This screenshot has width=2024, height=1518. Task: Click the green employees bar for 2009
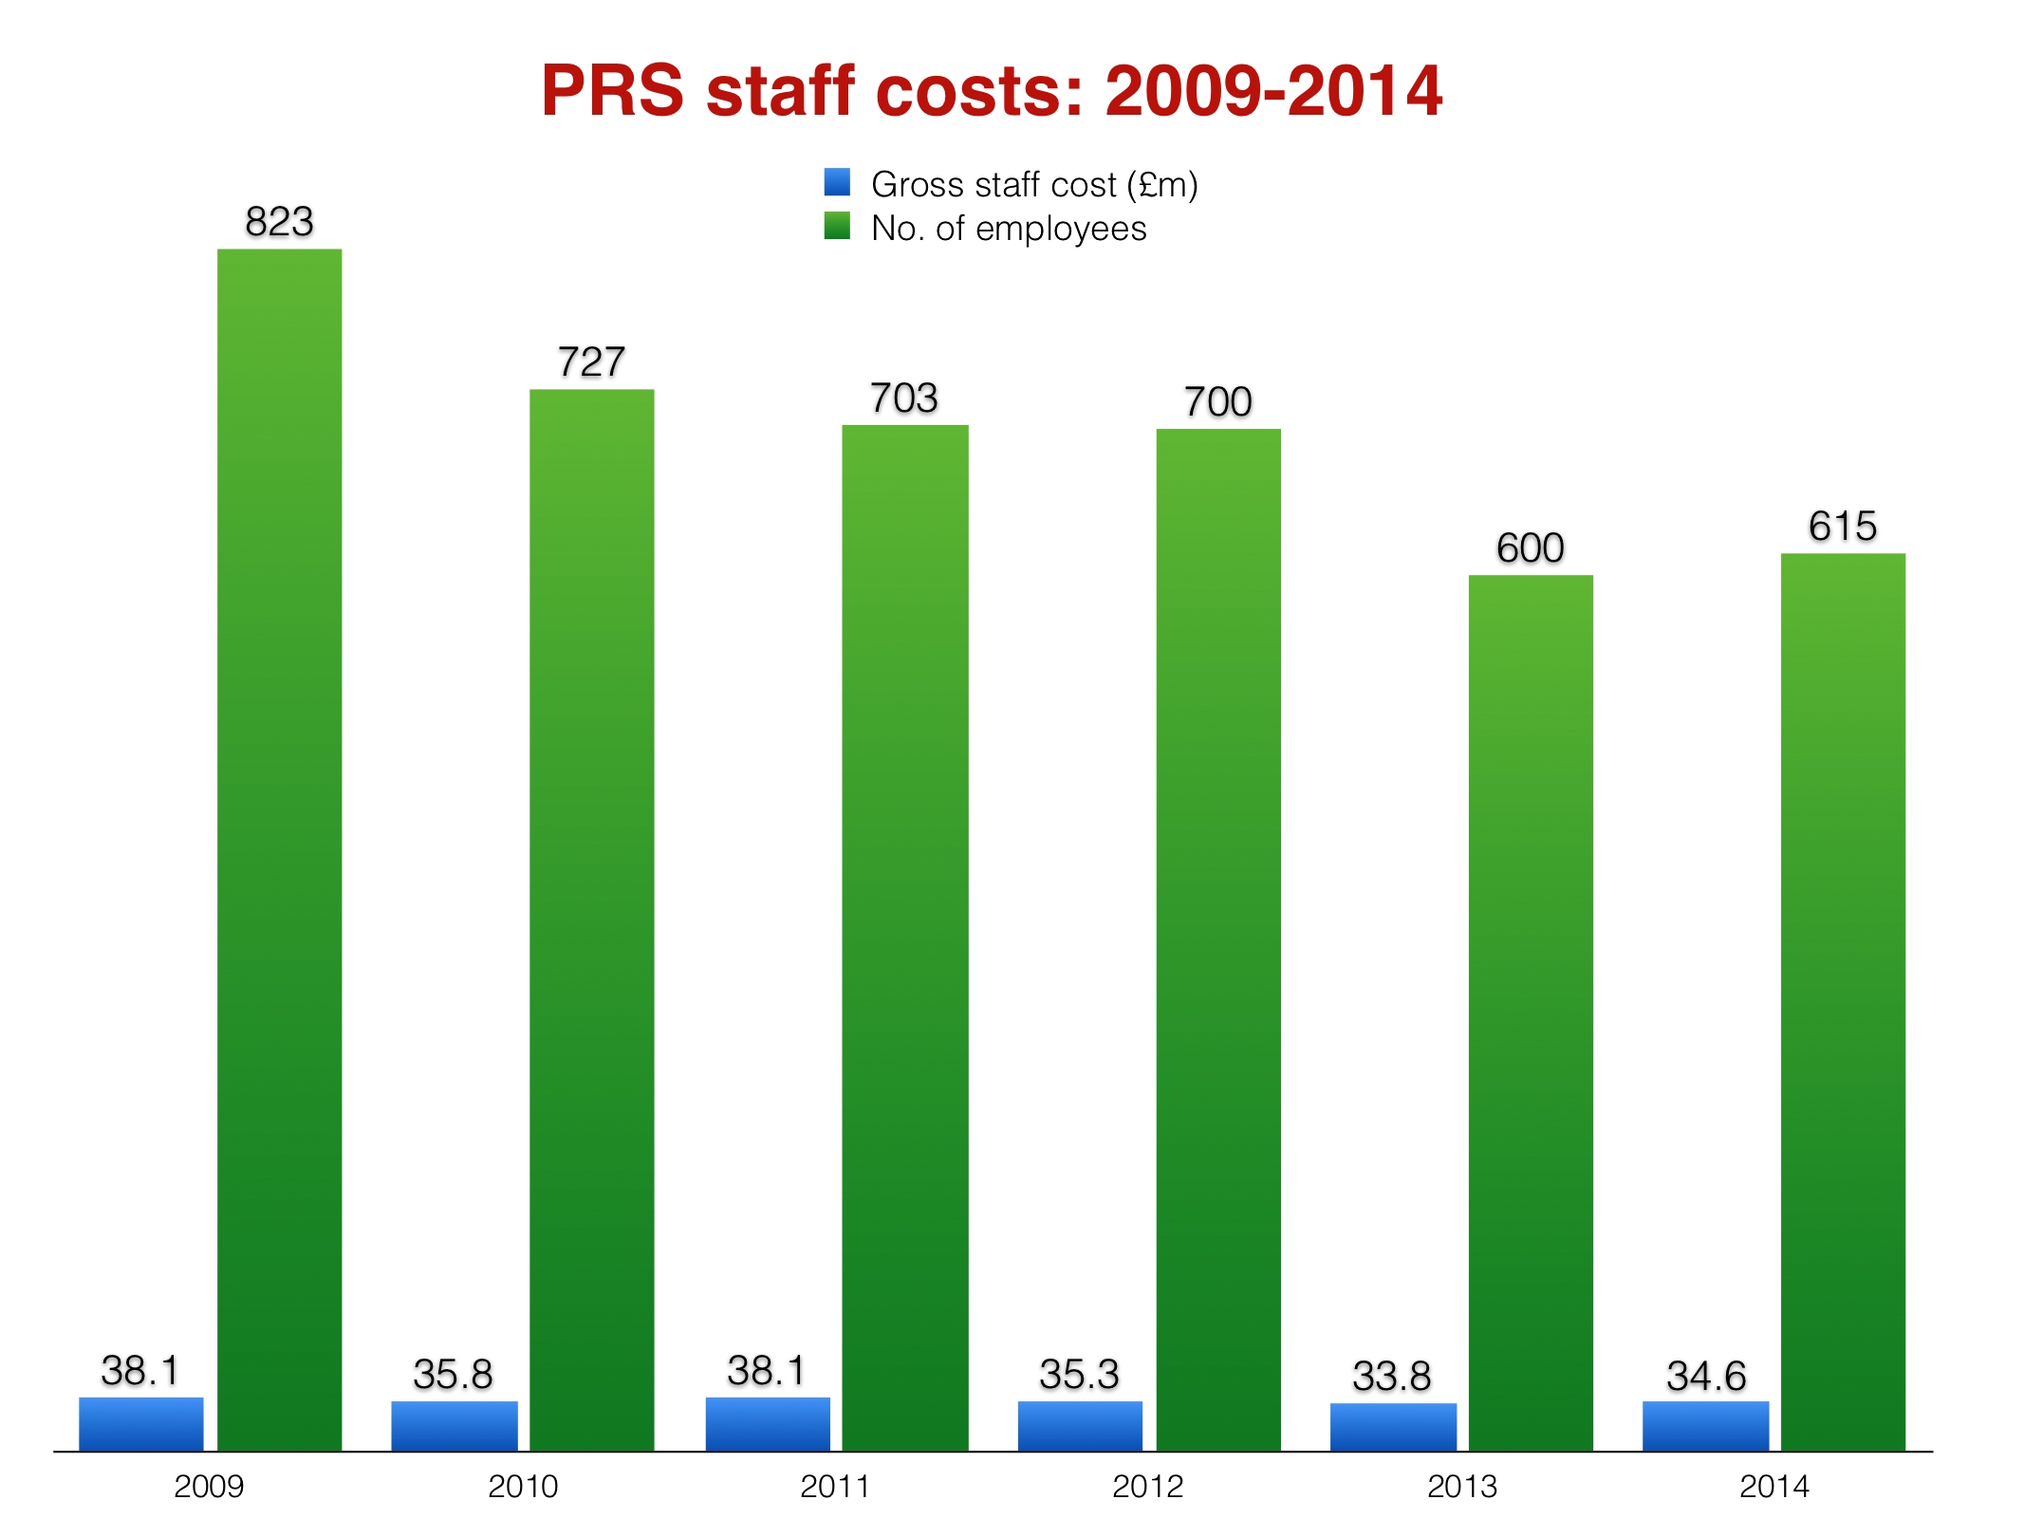pos(279,849)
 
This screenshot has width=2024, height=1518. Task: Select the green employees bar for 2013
pos(1530,1012)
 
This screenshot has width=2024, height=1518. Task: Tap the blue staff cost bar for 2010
pos(455,1425)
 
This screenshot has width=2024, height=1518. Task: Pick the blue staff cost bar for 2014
pos(1705,1425)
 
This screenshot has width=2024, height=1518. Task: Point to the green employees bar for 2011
pos(904,937)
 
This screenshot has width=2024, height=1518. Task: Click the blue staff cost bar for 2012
pos(1080,1425)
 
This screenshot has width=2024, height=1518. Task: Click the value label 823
pos(279,222)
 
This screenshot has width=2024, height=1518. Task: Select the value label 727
pos(591,361)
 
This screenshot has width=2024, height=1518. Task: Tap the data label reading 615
pos(1842,526)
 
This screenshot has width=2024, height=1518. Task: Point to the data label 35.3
pos(1079,1374)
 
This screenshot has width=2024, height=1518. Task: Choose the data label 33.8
pos(1391,1376)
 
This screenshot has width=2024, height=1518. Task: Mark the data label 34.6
pos(1705,1376)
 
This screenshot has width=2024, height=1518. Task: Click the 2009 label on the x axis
pos(209,1486)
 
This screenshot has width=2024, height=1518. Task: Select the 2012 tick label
pos(1147,1486)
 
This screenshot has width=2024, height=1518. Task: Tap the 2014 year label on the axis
pos(1773,1486)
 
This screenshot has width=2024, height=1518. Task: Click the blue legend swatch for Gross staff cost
pos(837,182)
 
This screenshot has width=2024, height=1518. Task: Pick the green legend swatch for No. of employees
pos(837,226)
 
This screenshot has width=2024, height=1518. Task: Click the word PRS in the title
pos(612,91)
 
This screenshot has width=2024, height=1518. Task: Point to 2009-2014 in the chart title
pos(1273,91)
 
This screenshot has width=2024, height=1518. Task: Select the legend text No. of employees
pos(1009,229)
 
